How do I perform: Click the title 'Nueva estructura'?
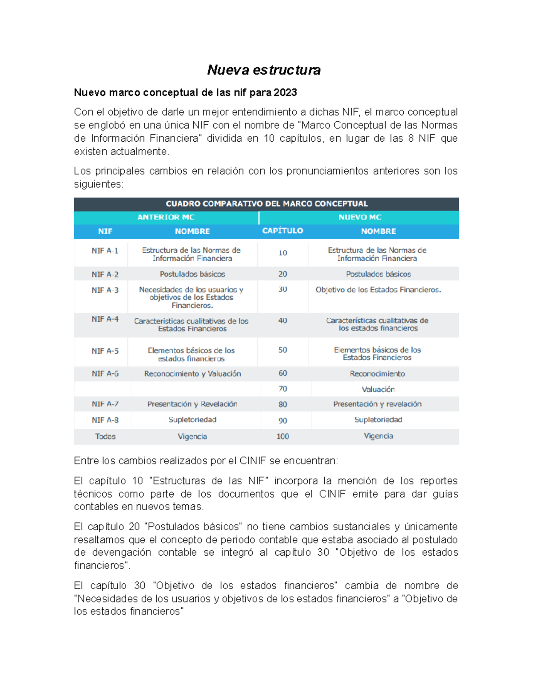(264, 70)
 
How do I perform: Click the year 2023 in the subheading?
(285, 92)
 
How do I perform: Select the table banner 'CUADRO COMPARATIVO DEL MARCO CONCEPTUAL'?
(266, 204)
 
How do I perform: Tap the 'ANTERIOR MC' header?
(166, 217)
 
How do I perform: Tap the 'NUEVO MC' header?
(360, 217)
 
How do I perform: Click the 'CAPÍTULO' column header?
(282, 231)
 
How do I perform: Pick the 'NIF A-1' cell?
(105, 251)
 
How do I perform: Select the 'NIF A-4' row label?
(105, 319)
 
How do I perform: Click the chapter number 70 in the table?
(282, 389)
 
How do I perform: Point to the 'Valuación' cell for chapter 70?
(378, 389)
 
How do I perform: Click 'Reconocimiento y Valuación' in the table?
(192, 374)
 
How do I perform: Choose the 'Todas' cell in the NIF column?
(105, 436)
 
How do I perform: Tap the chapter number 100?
(282, 436)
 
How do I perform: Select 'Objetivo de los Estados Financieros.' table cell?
(378, 290)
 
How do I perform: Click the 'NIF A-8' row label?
(105, 420)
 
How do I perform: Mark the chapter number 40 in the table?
(282, 320)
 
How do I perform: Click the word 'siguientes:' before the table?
(99, 184)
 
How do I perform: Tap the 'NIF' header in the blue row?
(105, 231)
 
